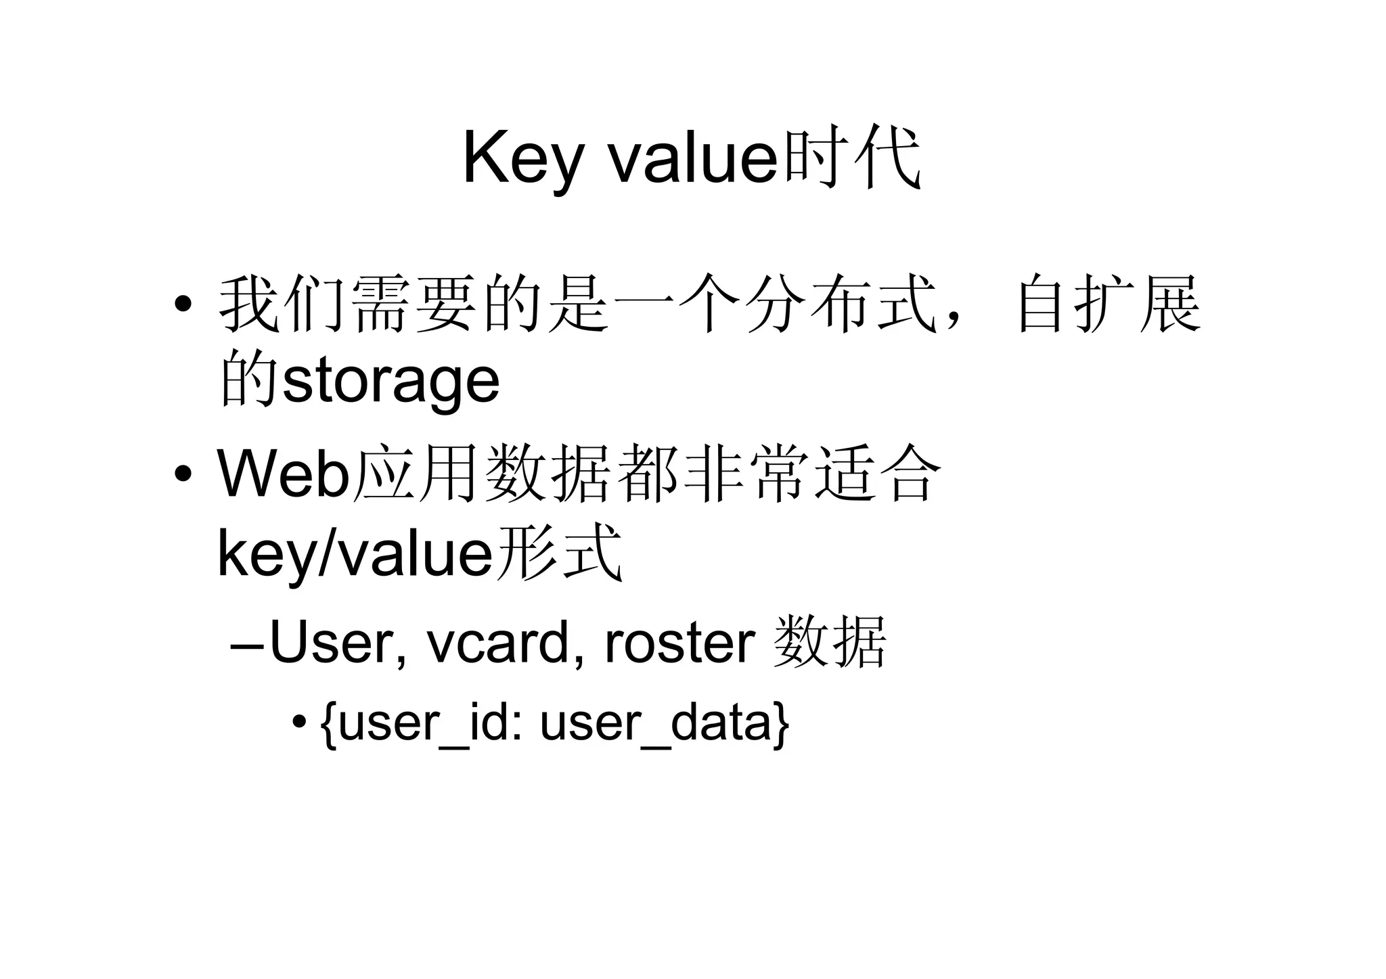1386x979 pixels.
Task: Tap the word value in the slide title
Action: pos(694,159)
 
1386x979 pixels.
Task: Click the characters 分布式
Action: pos(839,304)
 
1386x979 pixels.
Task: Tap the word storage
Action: pos(391,380)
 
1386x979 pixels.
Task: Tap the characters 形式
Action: pos(558,553)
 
